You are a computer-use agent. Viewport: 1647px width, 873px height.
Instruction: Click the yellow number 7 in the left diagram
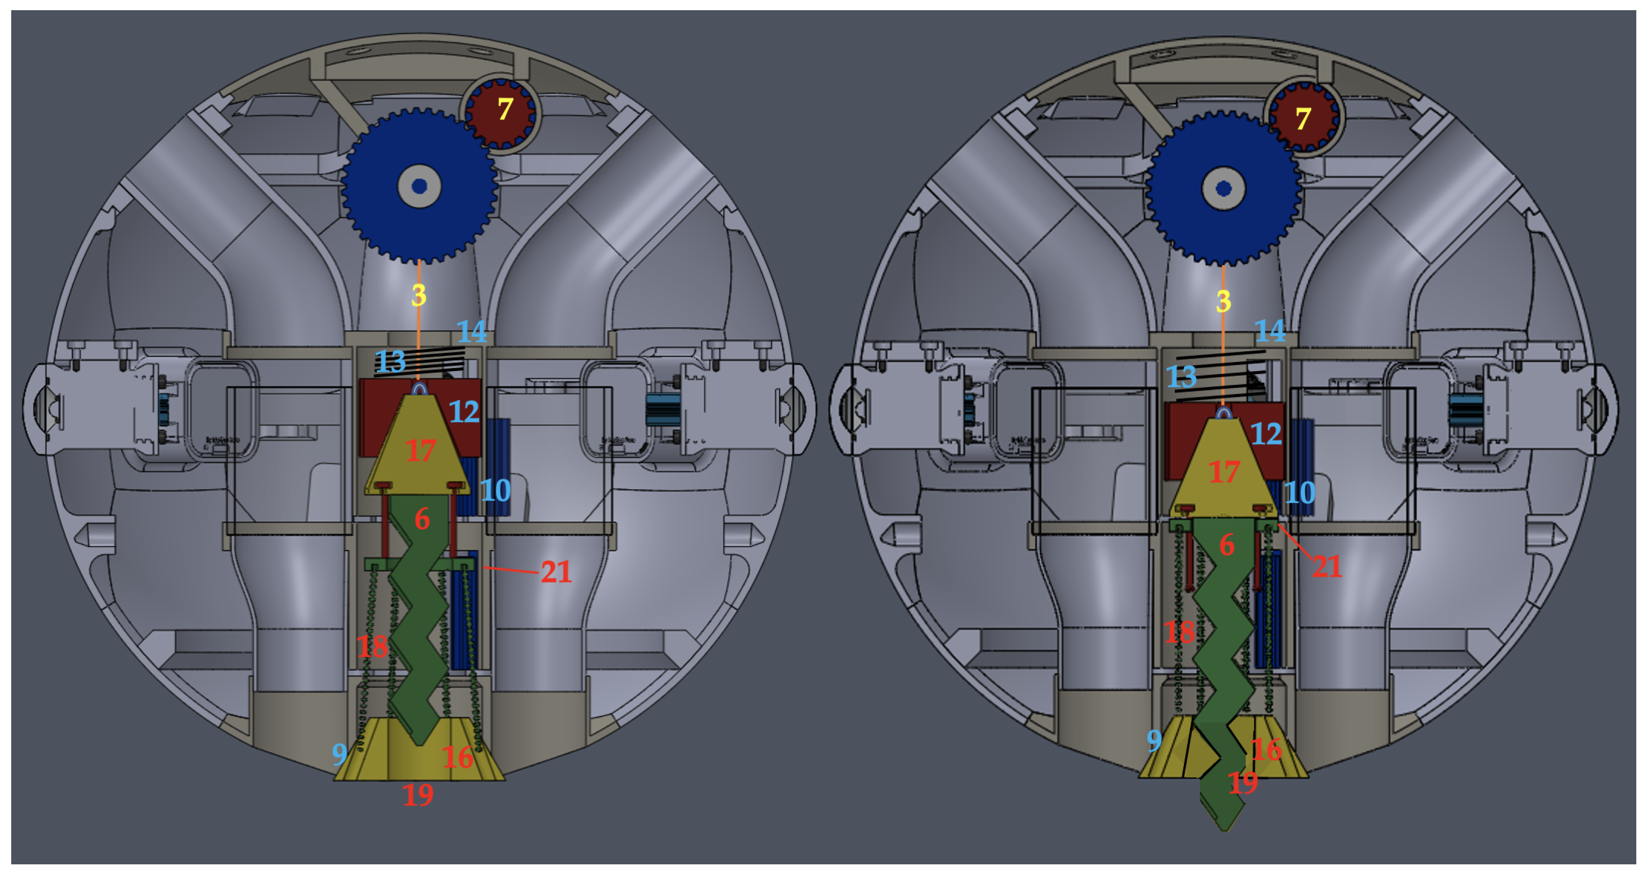505,109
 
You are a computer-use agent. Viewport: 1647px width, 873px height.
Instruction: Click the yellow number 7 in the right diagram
1303,119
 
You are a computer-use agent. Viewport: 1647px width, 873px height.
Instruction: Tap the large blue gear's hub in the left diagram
419,186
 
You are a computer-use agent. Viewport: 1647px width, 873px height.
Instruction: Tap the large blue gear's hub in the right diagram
1224,188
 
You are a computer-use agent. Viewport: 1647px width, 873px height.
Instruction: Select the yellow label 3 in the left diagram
419,295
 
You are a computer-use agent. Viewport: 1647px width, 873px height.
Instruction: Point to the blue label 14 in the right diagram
1270,331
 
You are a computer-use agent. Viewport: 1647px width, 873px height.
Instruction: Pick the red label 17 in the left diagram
421,450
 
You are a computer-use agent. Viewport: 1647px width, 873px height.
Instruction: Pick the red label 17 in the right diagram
1224,472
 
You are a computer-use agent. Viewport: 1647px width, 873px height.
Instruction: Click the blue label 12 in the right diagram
1266,434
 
